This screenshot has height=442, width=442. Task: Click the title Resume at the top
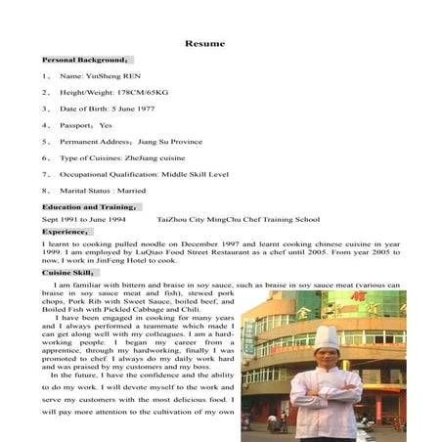coord(204,43)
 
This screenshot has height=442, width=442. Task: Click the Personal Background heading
coord(85,60)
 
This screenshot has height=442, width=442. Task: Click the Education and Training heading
coord(91,206)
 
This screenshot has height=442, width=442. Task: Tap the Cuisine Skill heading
coord(68,273)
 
